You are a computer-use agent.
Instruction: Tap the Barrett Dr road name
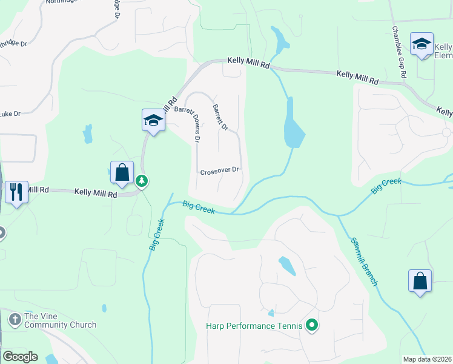(x=220, y=117)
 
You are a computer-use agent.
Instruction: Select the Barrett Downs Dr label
(x=188, y=121)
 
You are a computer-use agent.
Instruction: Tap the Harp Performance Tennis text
(x=254, y=326)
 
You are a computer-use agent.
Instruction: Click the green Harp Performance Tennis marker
(x=312, y=326)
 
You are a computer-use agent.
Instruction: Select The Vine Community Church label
(x=60, y=320)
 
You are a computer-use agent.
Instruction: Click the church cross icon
(x=15, y=317)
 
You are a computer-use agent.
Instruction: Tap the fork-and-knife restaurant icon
(x=16, y=192)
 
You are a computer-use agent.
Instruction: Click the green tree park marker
(x=142, y=180)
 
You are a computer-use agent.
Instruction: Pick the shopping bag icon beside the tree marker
(x=122, y=172)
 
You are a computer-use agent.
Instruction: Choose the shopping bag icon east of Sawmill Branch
(x=420, y=281)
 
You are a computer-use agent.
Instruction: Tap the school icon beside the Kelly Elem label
(x=422, y=44)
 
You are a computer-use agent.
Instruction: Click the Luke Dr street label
(x=10, y=113)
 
